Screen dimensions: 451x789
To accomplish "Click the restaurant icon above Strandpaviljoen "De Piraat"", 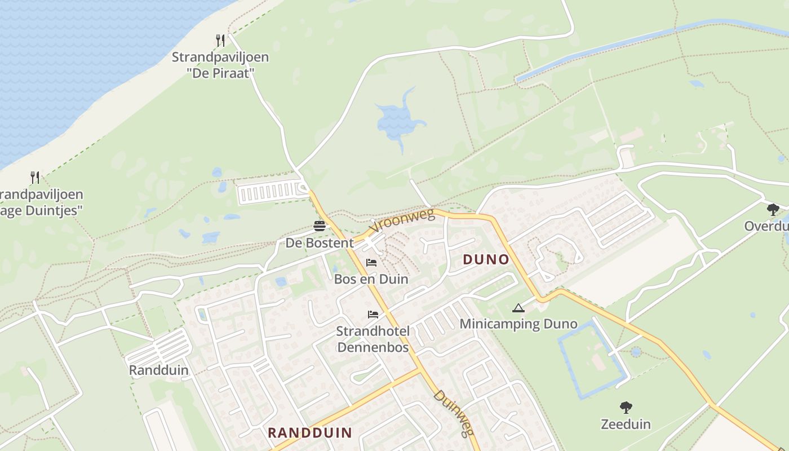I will click(x=220, y=40).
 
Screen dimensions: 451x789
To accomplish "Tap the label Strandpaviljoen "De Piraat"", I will click(x=220, y=65).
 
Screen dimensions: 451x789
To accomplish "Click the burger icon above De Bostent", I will click(x=320, y=227).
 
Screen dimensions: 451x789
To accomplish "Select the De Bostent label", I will click(x=320, y=243).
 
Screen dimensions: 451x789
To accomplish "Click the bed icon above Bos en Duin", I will click(x=371, y=263).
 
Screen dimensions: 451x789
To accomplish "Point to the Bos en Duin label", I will click(x=371, y=279).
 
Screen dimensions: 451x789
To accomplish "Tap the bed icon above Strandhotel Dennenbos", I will click(x=373, y=315).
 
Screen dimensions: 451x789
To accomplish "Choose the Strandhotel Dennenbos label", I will click(x=373, y=339).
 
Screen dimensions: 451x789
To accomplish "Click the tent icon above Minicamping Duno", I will click(x=518, y=308).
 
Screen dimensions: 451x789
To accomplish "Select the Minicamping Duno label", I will click(x=518, y=324).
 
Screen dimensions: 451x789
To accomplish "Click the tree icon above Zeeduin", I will click(x=626, y=408).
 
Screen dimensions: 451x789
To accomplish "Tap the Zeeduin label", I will click(x=626, y=424).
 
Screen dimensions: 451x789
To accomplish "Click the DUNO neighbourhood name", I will click(x=486, y=259).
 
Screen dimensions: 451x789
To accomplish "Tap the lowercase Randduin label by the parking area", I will click(x=159, y=370).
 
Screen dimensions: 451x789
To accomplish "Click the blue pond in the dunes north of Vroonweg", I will click(x=398, y=119).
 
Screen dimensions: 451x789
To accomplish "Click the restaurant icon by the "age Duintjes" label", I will click(x=35, y=178).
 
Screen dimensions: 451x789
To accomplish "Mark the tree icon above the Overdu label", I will click(x=773, y=210).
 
